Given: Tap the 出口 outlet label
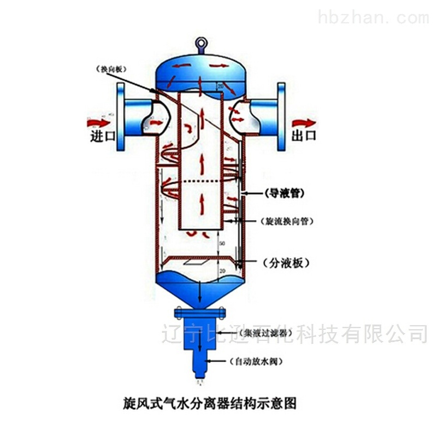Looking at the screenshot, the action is click(x=303, y=136).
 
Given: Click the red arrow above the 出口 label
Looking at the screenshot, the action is click(x=303, y=121).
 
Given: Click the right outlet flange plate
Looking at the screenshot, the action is click(x=282, y=116).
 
